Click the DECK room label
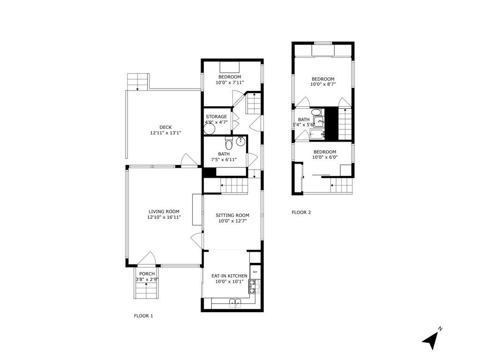tap(165, 127)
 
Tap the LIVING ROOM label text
tap(164, 211)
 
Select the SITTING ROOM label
tap(232, 215)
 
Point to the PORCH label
tap(147, 274)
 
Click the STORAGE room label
tap(216, 116)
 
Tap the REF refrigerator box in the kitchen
tap(255, 272)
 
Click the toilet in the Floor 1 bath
tap(229, 142)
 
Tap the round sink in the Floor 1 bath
tap(241, 142)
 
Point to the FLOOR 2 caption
tap(301, 212)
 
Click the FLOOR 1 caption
tap(143, 316)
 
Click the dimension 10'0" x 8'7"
tap(323, 84)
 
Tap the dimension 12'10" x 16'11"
tap(164, 217)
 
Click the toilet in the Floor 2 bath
tap(316, 112)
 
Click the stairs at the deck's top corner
tap(138, 82)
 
